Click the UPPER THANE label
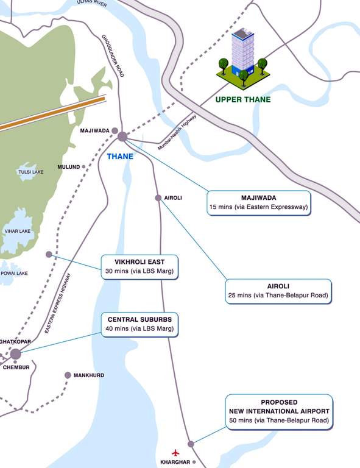[243, 99]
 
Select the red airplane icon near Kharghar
[177, 452]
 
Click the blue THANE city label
[120, 157]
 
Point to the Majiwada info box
[258, 202]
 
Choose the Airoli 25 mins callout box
[278, 291]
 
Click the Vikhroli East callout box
[140, 267]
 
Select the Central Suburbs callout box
[140, 324]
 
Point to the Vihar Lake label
[17, 232]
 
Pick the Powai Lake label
[13, 273]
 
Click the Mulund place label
[68, 166]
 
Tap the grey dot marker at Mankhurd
[68, 375]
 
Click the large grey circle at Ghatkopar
[15, 354]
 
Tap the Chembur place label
[16, 367]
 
